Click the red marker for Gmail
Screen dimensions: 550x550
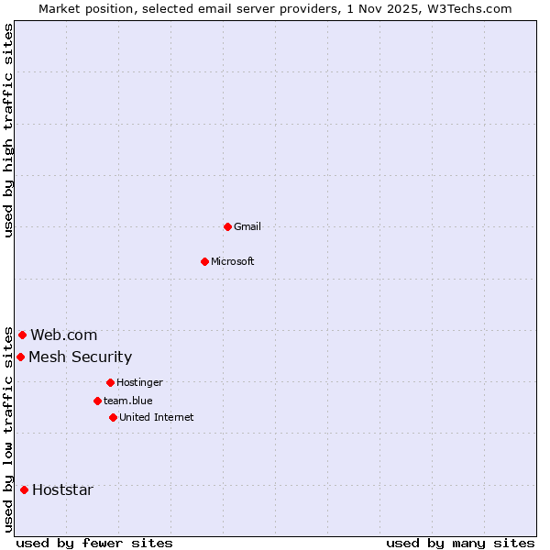point(227,226)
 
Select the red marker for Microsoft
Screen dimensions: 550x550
point(204,261)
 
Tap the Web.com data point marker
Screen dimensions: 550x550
point(22,335)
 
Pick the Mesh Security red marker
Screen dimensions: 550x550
point(20,357)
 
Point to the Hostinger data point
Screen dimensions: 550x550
point(110,382)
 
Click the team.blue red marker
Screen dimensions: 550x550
point(97,401)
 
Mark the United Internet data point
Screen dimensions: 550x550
point(113,417)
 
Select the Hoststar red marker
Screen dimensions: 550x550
point(24,489)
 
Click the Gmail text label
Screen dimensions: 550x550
point(247,226)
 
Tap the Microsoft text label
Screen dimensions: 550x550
point(233,261)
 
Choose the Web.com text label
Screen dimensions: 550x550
point(63,335)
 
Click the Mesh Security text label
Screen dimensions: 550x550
point(80,357)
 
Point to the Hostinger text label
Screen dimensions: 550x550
point(139,382)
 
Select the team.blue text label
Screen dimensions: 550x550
point(128,401)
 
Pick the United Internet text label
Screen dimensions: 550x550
point(157,417)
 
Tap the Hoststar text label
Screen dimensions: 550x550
point(62,489)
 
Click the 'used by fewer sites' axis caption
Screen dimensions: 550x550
point(94,543)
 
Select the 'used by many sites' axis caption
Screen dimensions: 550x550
point(460,543)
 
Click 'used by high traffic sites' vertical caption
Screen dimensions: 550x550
point(9,131)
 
